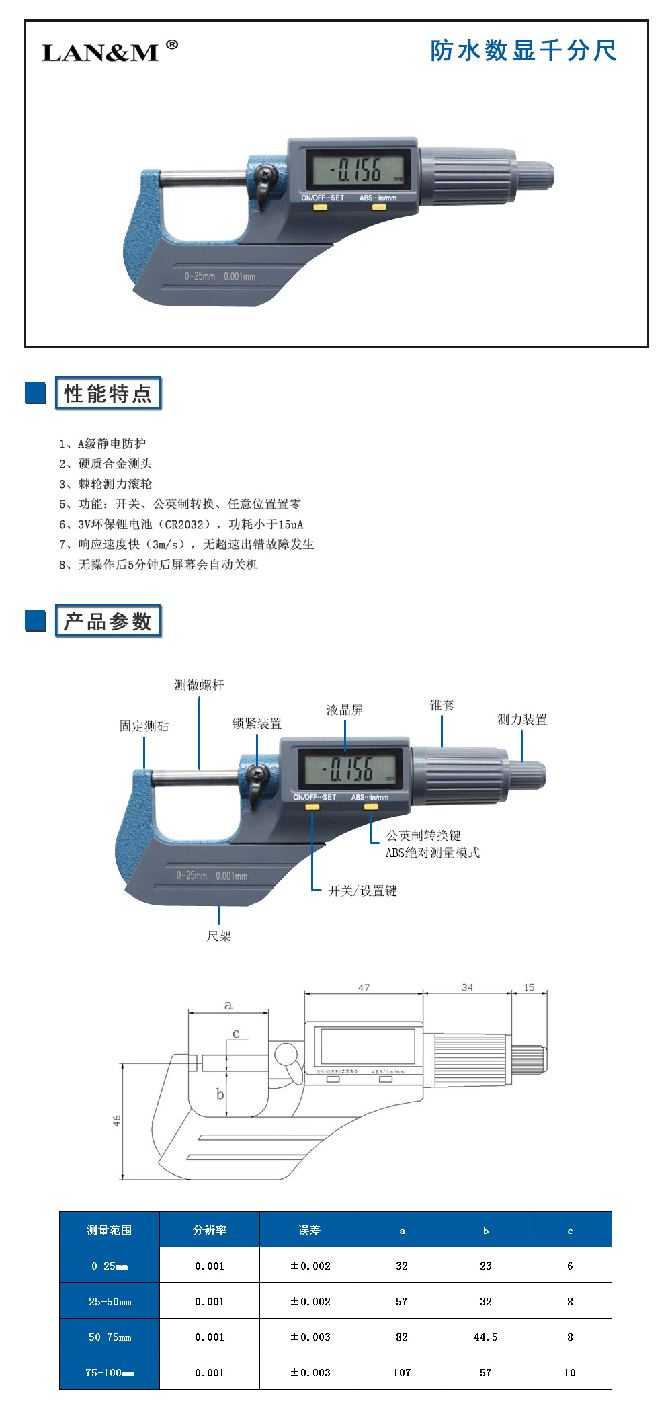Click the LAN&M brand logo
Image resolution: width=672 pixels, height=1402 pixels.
(110, 51)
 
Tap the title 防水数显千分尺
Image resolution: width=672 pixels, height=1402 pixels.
(523, 50)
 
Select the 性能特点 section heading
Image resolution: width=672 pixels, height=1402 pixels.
(108, 394)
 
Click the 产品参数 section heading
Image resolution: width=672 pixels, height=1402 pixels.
(108, 622)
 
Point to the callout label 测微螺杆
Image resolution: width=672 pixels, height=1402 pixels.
(199, 685)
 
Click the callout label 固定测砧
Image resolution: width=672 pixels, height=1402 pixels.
(144, 726)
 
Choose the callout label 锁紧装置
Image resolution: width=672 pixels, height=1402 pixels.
(257, 723)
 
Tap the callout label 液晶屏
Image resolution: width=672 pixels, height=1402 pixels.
(345, 710)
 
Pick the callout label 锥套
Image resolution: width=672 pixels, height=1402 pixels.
(442, 705)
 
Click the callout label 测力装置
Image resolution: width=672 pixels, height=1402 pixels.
(522, 719)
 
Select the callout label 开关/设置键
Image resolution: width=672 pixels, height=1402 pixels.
(362, 891)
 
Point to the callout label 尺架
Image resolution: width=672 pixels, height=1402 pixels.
(218, 936)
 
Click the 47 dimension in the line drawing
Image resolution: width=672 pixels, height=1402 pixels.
(364, 987)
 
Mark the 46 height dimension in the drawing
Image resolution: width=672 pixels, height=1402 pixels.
(117, 1121)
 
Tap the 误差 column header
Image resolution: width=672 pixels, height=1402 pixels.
(309, 1230)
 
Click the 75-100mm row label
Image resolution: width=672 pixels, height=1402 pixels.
(110, 1372)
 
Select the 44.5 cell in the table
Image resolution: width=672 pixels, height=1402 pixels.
(486, 1337)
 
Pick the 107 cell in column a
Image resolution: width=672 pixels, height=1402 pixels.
(402, 1372)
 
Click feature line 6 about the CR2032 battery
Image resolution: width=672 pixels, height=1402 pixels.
(181, 524)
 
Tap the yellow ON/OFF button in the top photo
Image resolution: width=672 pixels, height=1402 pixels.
(321, 208)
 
